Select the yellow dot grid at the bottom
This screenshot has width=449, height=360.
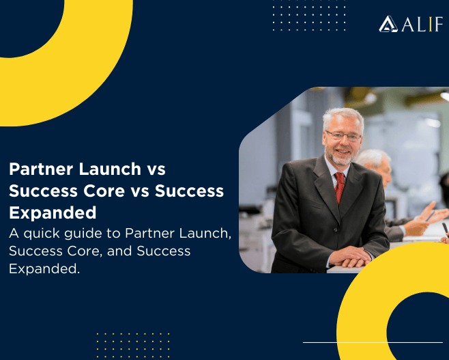(x=133, y=344)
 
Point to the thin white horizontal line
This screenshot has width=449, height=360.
(x=372, y=342)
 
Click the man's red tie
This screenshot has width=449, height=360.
(x=340, y=187)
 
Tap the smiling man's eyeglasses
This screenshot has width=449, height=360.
(x=342, y=136)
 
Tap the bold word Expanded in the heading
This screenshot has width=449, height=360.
(x=53, y=212)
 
